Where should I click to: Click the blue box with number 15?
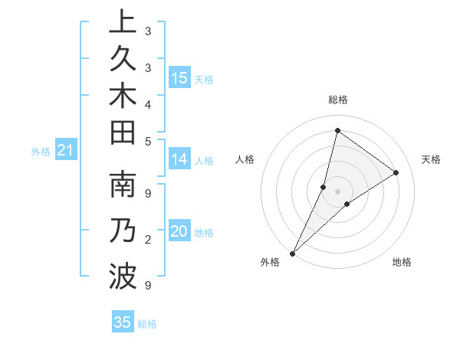tap(179, 78)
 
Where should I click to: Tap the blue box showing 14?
tap(179, 159)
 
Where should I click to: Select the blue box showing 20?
tap(179, 232)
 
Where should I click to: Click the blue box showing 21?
tap(65, 151)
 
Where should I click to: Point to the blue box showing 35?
tap(123, 322)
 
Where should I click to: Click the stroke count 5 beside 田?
tap(147, 140)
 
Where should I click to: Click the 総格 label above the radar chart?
tap(337, 100)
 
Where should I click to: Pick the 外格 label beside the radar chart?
tap(270, 263)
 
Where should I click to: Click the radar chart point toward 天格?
tap(396, 173)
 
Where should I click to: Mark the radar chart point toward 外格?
tap(293, 253)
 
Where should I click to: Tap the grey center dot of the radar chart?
tap(337, 191)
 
